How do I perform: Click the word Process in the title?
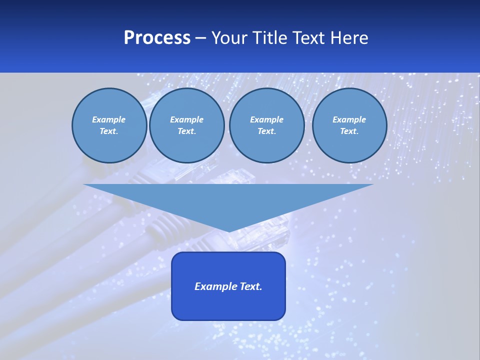[x=157, y=37]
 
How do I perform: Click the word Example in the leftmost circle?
[x=109, y=119]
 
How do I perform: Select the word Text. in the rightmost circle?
[x=349, y=131]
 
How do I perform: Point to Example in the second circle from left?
[x=186, y=119]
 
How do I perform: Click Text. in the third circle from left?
[x=266, y=131]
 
